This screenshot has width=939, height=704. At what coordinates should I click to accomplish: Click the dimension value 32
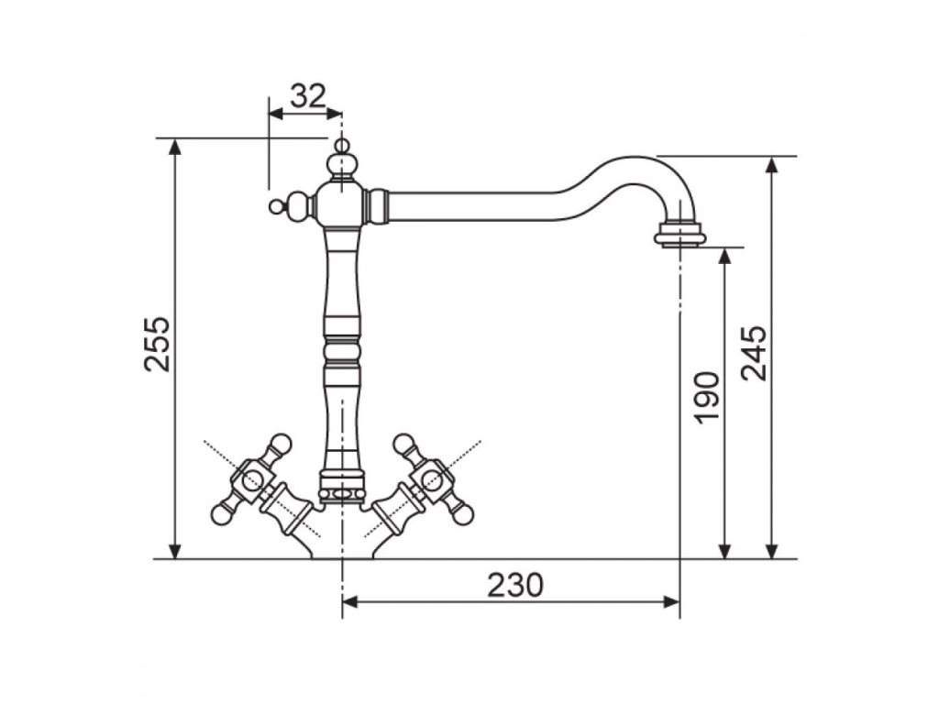coord(308,95)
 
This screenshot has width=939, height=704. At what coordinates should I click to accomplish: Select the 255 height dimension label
coord(158,344)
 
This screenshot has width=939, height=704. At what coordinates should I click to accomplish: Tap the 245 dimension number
coord(754,353)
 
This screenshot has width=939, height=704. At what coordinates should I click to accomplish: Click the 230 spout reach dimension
coord(515,585)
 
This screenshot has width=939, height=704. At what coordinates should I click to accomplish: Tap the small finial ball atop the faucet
coord(341,146)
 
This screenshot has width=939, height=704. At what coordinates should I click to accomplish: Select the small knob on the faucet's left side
coord(275,207)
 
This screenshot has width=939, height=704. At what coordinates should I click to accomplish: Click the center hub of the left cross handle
coord(251,478)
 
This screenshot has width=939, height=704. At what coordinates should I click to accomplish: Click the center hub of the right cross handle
coord(433,478)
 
